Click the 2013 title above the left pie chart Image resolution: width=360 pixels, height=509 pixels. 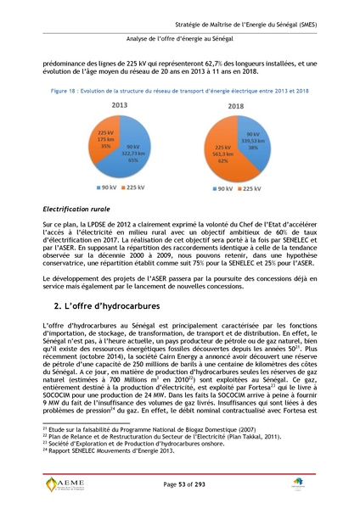[119, 105]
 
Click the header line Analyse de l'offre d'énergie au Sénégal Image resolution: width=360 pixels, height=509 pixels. [179, 39]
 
